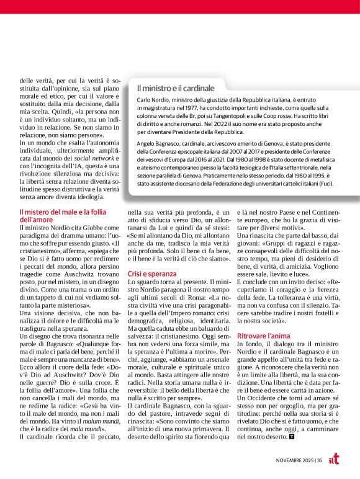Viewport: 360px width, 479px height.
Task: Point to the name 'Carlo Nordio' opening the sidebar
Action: tap(153, 101)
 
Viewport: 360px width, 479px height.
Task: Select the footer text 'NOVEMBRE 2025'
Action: tap(294, 460)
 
